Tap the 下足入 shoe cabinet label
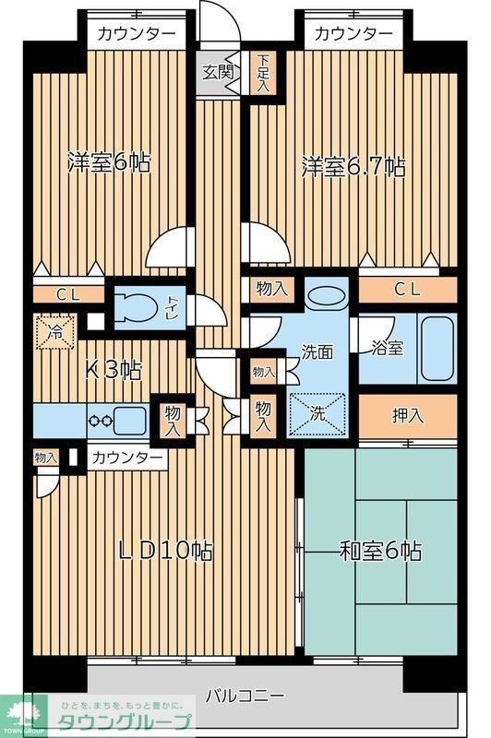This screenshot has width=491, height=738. click(264, 70)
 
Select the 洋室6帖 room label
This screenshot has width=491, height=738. click(109, 163)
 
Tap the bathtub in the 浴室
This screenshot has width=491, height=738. click(437, 349)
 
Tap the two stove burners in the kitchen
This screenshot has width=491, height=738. click(100, 420)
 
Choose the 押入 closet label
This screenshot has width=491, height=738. click(407, 415)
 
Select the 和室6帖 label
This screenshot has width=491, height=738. click(380, 551)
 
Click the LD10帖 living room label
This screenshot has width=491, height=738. click(167, 551)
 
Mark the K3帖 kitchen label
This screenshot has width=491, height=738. click(114, 371)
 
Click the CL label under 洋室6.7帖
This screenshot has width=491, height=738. click(407, 289)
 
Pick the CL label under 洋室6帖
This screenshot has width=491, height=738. click(66, 295)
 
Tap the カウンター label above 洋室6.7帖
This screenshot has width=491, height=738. click(353, 34)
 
